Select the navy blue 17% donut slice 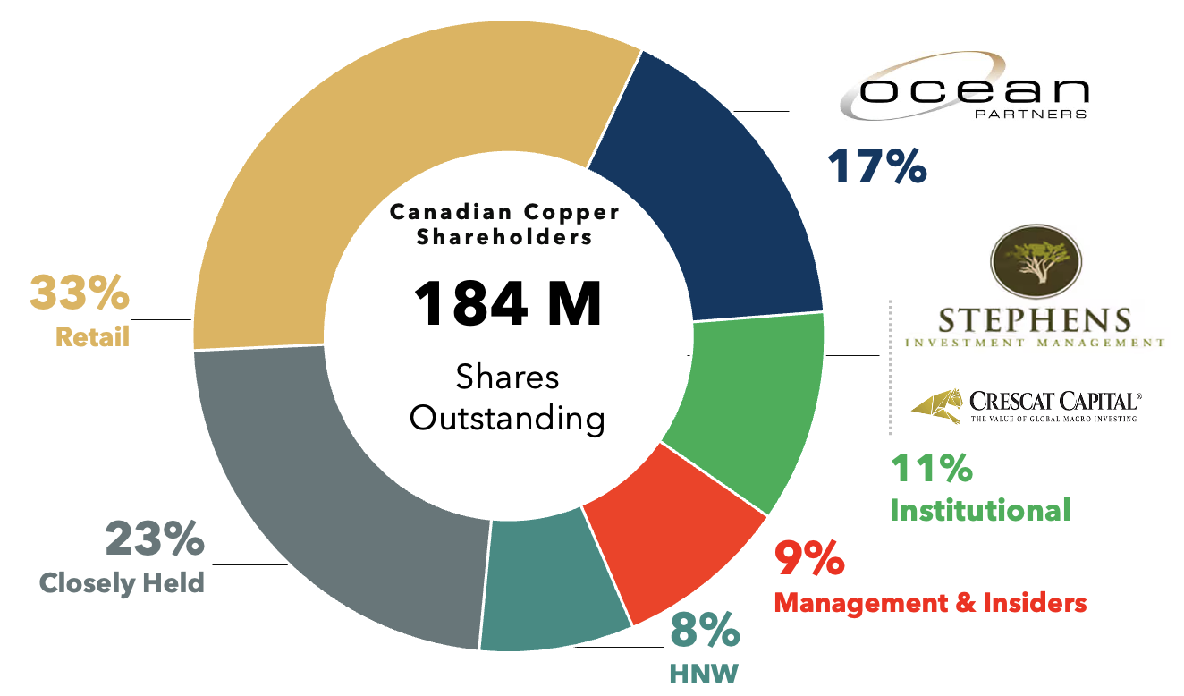[x=715, y=197]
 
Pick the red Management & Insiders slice [x=680, y=528]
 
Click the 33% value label [x=79, y=293]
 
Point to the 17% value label [x=876, y=167]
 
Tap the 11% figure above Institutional [x=931, y=469]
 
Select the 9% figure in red [x=809, y=559]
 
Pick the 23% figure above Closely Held [x=155, y=540]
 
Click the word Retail [x=92, y=337]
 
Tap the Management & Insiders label [x=930, y=602]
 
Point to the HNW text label [x=704, y=673]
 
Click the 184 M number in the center [x=507, y=304]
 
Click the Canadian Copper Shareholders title [x=504, y=225]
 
